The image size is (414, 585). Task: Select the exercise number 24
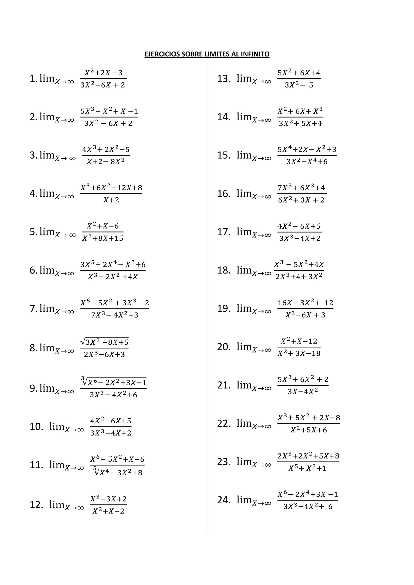coord(223,500)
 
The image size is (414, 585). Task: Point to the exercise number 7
coord(33,308)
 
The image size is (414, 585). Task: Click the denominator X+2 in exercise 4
coord(111,200)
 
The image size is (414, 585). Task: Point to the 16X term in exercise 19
coord(284,303)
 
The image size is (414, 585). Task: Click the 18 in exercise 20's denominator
coord(315,353)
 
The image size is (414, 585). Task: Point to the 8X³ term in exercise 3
coord(117,162)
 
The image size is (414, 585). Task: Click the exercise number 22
coord(223,423)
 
